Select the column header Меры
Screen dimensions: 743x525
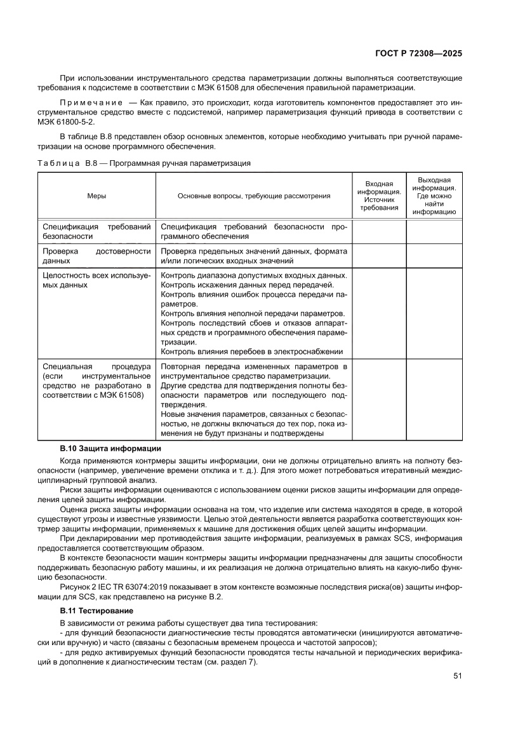pos(96,196)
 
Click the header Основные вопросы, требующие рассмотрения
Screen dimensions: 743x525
pos(254,196)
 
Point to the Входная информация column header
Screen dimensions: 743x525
pos(379,196)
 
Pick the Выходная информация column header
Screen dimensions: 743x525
pos(434,196)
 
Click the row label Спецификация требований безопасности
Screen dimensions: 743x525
pos(96,231)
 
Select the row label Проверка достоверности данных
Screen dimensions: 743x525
pos(96,256)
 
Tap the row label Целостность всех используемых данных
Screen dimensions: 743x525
pos(96,280)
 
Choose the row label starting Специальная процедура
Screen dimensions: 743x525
pos(96,381)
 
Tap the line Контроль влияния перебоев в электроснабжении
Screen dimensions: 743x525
pos(252,351)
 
